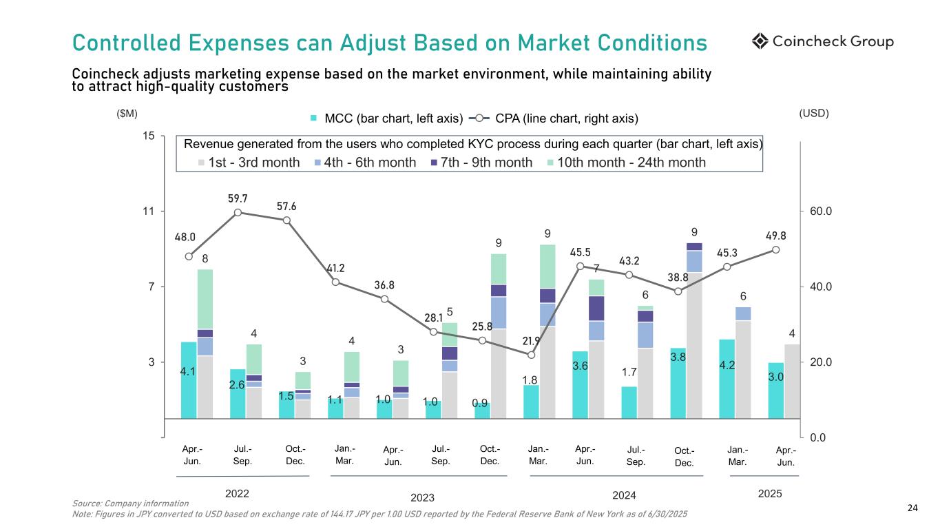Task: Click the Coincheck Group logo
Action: pos(822,42)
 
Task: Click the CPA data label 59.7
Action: pos(238,199)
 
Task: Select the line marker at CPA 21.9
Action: pos(531,355)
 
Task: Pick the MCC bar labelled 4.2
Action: pos(727,379)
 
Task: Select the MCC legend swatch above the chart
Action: pos(314,118)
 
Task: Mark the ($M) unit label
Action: pos(127,113)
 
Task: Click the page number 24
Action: pos(912,508)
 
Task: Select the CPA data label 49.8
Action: pos(775,236)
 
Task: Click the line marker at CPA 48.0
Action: pos(189,257)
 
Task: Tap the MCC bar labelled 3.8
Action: pos(678,383)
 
